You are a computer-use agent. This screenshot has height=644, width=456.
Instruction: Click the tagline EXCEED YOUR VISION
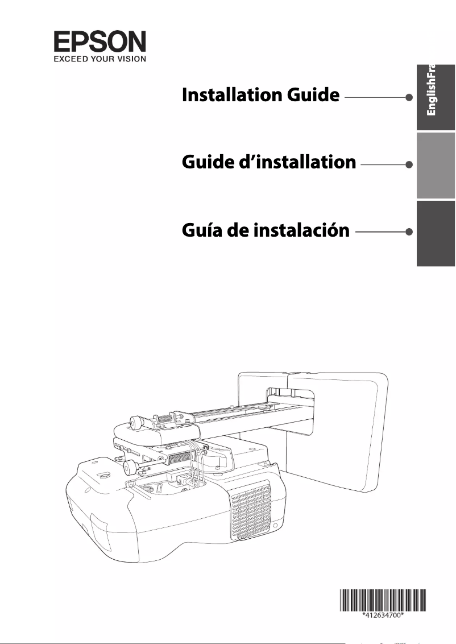tap(100, 58)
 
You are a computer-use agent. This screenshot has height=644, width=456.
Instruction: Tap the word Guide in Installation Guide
tap(313, 95)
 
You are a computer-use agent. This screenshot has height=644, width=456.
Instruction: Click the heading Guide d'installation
tap(268, 163)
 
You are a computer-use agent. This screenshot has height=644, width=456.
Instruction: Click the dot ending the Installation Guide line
tap(409, 97)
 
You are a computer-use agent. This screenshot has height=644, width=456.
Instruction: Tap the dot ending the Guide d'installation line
tap(409, 164)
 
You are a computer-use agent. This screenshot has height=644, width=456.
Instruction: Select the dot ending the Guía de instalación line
tap(409, 232)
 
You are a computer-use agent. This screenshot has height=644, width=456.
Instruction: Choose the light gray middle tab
tap(436, 165)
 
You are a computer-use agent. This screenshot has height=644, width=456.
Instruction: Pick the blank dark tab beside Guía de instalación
tap(436, 233)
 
